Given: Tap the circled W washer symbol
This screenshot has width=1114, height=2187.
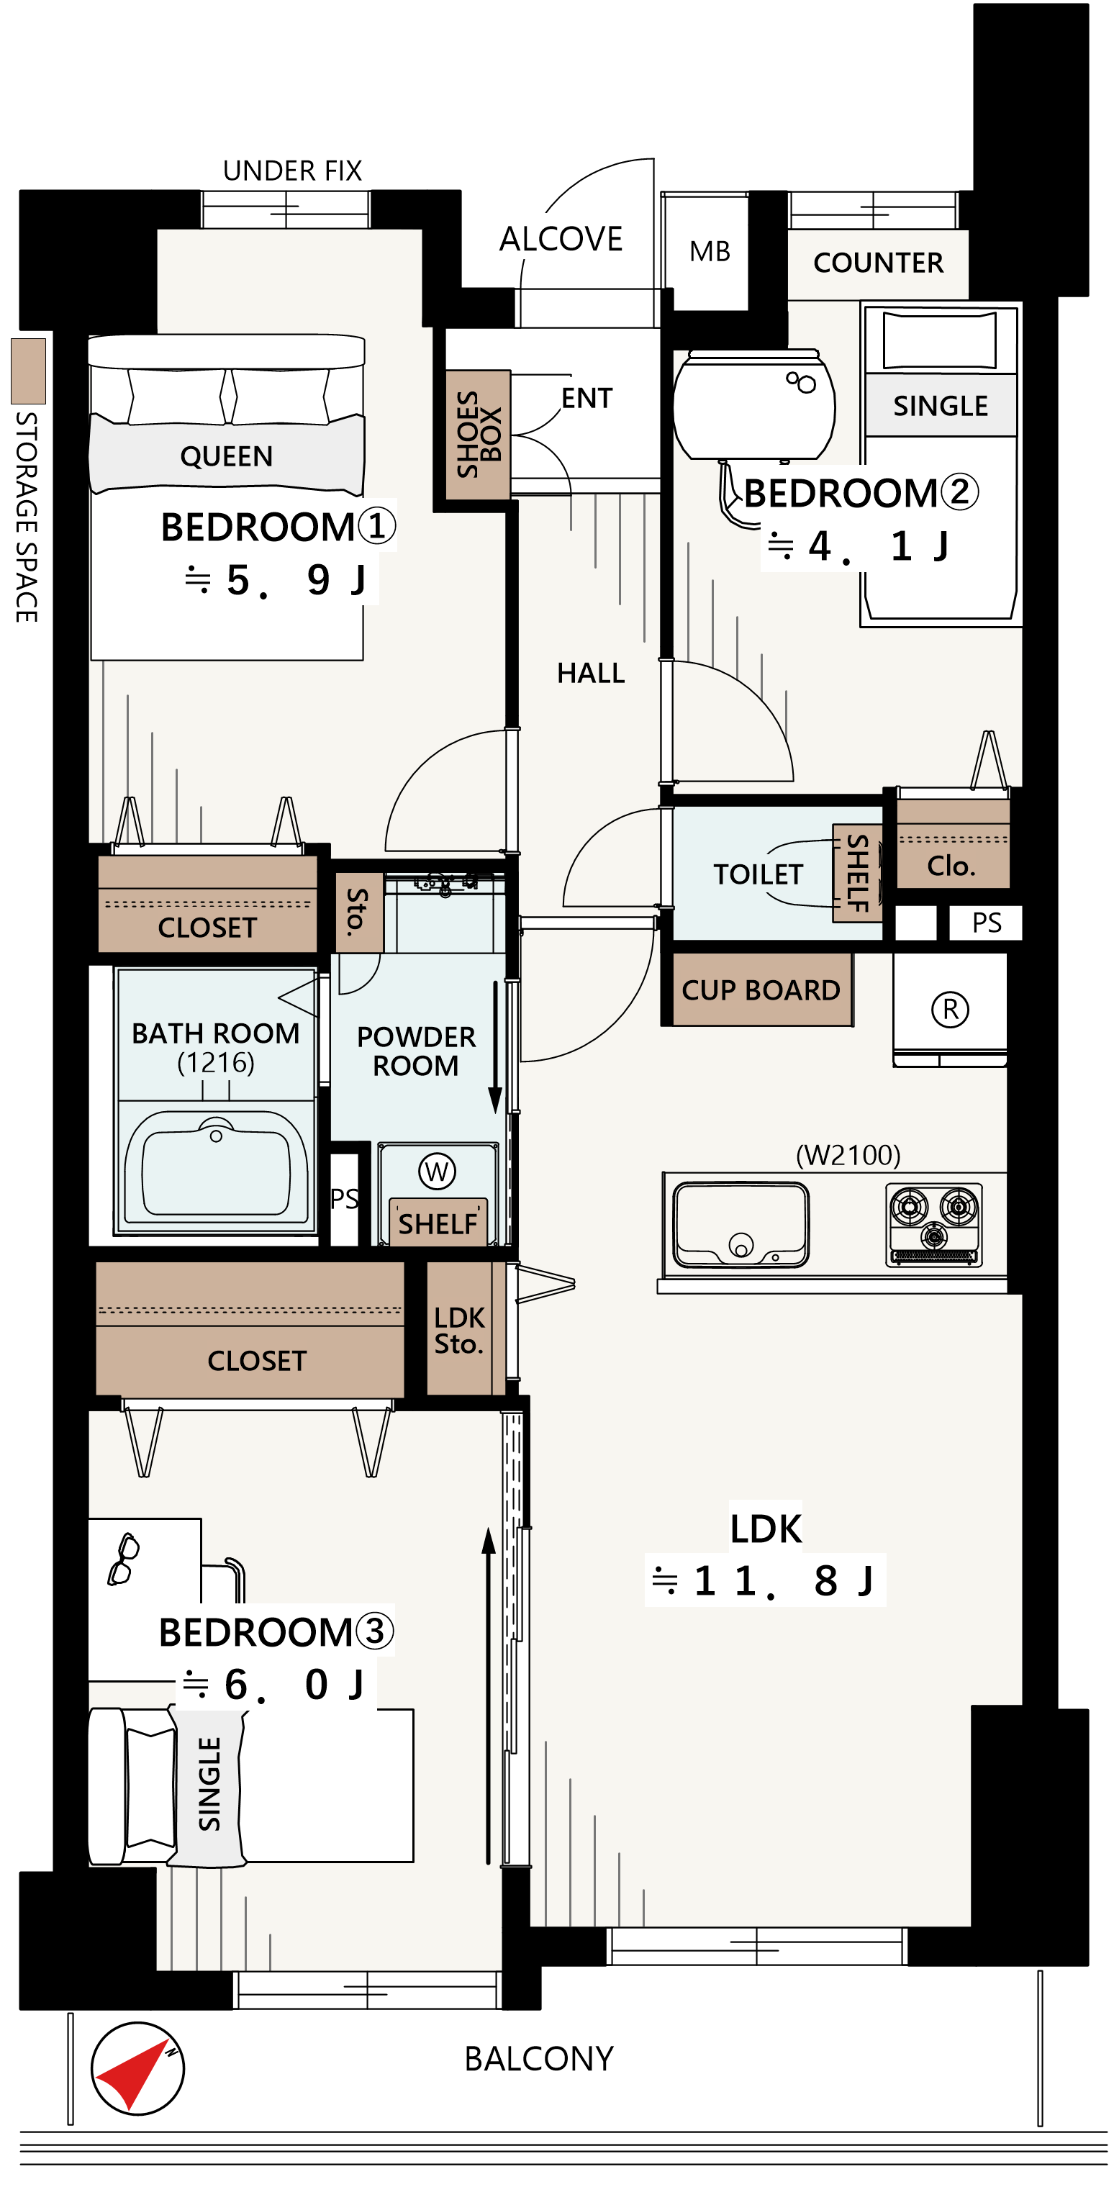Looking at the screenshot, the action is coord(436,1172).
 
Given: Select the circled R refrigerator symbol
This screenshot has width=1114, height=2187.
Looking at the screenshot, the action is coord(950,1010).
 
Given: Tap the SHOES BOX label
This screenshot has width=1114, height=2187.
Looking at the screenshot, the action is coord(478,434).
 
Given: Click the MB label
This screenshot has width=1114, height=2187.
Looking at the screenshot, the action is coord(710,251).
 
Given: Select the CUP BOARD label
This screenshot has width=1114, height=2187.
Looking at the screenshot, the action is coord(761,990).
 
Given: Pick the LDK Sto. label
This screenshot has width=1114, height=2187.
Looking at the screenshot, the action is coord(458,1331).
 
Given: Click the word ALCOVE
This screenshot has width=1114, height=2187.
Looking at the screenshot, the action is coord(561,240).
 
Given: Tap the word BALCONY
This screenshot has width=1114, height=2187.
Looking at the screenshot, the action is coord(538,2059).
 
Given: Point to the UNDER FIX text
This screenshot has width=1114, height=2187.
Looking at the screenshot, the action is coord(292,171).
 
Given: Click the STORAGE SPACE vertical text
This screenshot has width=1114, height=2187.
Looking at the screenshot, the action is coord(27,517).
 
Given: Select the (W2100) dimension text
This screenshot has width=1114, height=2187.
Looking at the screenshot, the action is coord(848,1154).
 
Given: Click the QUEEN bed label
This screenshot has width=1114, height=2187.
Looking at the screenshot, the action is coord(227,457).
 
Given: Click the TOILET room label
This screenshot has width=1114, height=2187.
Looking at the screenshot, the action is coord(758,874).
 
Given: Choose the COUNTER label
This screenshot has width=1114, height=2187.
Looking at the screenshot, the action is coord(879,263).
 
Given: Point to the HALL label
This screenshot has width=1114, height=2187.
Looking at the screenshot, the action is coord(591,674).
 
